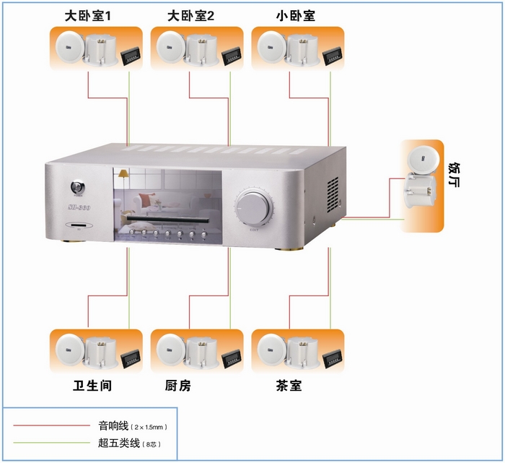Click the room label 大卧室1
[x=87, y=15]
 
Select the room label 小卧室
[x=296, y=15]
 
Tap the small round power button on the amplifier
[x=77, y=189]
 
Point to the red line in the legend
[x=52, y=426]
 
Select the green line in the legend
[x=52, y=442]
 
